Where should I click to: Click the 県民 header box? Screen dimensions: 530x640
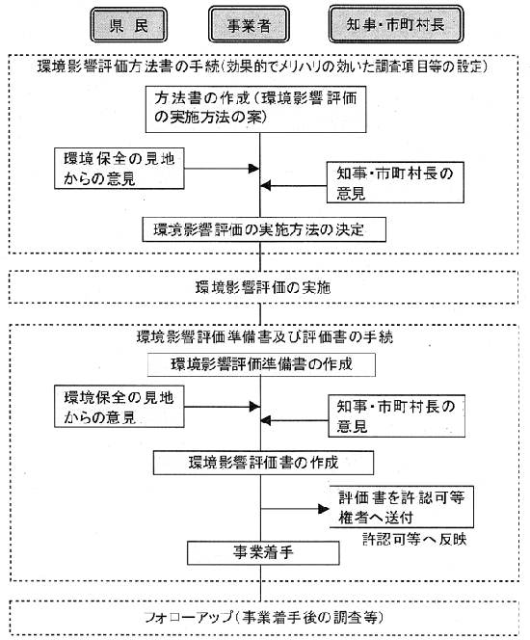point(128,25)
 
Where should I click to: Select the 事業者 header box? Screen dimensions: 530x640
point(249,24)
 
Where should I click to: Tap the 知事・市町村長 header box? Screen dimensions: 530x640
point(396,24)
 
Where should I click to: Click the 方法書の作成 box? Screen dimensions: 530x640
point(255,109)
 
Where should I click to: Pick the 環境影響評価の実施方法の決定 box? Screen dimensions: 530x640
point(264,229)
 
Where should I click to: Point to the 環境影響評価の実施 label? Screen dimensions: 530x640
point(263,288)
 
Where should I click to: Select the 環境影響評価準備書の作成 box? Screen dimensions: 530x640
point(261,364)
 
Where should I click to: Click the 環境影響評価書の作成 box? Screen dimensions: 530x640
point(263,463)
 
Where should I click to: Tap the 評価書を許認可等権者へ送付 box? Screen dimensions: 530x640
point(402,507)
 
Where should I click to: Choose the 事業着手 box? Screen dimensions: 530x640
point(263,553)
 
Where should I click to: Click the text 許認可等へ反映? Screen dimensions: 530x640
point(414,539)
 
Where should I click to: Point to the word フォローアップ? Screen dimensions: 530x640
point(189,617)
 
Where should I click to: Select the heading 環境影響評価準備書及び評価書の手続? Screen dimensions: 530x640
point(265,337)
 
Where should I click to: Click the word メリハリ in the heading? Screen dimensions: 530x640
point(297,67)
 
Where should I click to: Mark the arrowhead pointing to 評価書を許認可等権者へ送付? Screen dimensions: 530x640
point(324,509)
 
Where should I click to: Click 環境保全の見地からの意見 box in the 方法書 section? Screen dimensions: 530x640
point(119,169)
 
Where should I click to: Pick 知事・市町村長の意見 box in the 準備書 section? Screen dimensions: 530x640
point(397,416)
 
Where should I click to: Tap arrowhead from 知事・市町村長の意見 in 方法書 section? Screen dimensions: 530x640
point(266,186)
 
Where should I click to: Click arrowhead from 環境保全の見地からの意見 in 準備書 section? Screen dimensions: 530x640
point(254,407)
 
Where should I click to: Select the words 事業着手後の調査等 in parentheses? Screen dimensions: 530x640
point(309,617)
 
